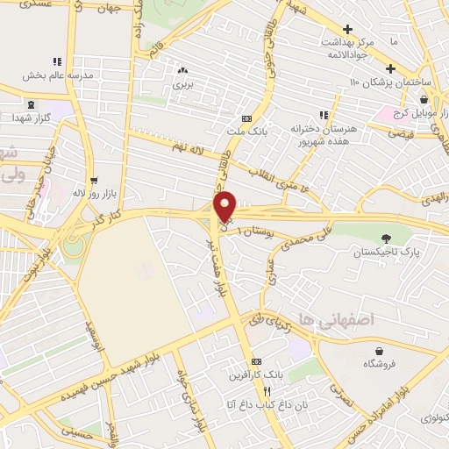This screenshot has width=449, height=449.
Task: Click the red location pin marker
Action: (x=225, y=205)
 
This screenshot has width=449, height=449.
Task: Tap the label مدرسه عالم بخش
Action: (x=58, y=75)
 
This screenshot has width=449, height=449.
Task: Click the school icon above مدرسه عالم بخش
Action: (x=57, y=61)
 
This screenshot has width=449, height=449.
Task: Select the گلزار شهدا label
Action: (x=31, y=118)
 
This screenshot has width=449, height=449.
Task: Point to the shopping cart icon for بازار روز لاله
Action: (x=90, y=176)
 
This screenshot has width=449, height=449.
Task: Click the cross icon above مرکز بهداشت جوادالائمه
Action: (x=350, y=29)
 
